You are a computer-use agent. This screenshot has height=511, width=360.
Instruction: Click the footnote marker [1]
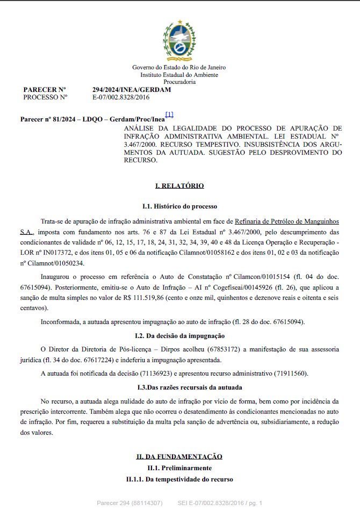click(169, 114)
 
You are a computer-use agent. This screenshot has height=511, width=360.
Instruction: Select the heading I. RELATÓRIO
click(179, 186)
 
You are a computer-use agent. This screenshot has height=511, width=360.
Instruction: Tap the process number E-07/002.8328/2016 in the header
click(121, 97)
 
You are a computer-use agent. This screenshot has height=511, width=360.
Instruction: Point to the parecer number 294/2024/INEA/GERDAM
click(132, 89)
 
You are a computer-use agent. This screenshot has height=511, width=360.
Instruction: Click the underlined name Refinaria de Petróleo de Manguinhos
click(287, 221)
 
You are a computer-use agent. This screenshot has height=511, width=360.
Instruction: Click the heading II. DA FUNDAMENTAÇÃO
click(179, 456)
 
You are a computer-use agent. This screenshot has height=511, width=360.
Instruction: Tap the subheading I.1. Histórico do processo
click(179, 206)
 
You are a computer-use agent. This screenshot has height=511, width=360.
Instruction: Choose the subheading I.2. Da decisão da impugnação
click(179, 336)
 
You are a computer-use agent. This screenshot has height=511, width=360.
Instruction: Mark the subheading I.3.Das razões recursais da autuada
click(179, 387)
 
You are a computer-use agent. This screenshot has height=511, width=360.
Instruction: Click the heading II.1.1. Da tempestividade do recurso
click(179, 479)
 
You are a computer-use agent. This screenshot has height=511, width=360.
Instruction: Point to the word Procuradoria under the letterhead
click(179, 82)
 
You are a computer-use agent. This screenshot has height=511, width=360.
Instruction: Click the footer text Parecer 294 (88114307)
click(129, 503)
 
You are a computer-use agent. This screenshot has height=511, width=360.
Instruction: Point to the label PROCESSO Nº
click(45, 97)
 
